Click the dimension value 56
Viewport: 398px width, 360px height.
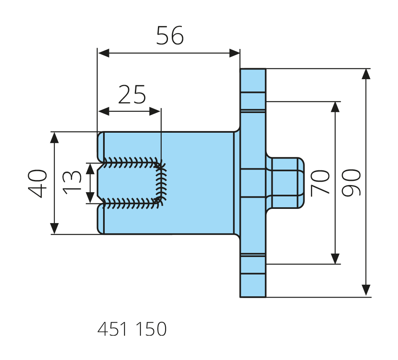[170, 36]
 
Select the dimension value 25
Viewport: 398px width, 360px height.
[132, 95]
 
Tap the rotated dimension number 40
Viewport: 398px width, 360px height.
[38, 183]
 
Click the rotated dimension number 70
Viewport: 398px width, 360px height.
[321, 183]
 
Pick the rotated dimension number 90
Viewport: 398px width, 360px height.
[351, 183]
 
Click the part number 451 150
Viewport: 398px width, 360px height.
[132, 329]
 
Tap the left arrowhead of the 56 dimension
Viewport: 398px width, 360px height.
[103, 53]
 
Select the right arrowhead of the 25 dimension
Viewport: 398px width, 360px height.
[155, 112]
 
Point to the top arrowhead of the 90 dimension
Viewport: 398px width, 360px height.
[366, 74]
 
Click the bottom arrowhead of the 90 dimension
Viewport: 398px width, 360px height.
[366, 291]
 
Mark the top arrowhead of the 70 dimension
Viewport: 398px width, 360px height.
[335, 107]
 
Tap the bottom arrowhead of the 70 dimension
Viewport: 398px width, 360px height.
[335, 259]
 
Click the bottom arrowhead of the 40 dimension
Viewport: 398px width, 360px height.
[54, 229]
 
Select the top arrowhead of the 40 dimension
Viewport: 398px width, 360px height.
[54, 137]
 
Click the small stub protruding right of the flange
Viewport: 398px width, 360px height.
[286, 183]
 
